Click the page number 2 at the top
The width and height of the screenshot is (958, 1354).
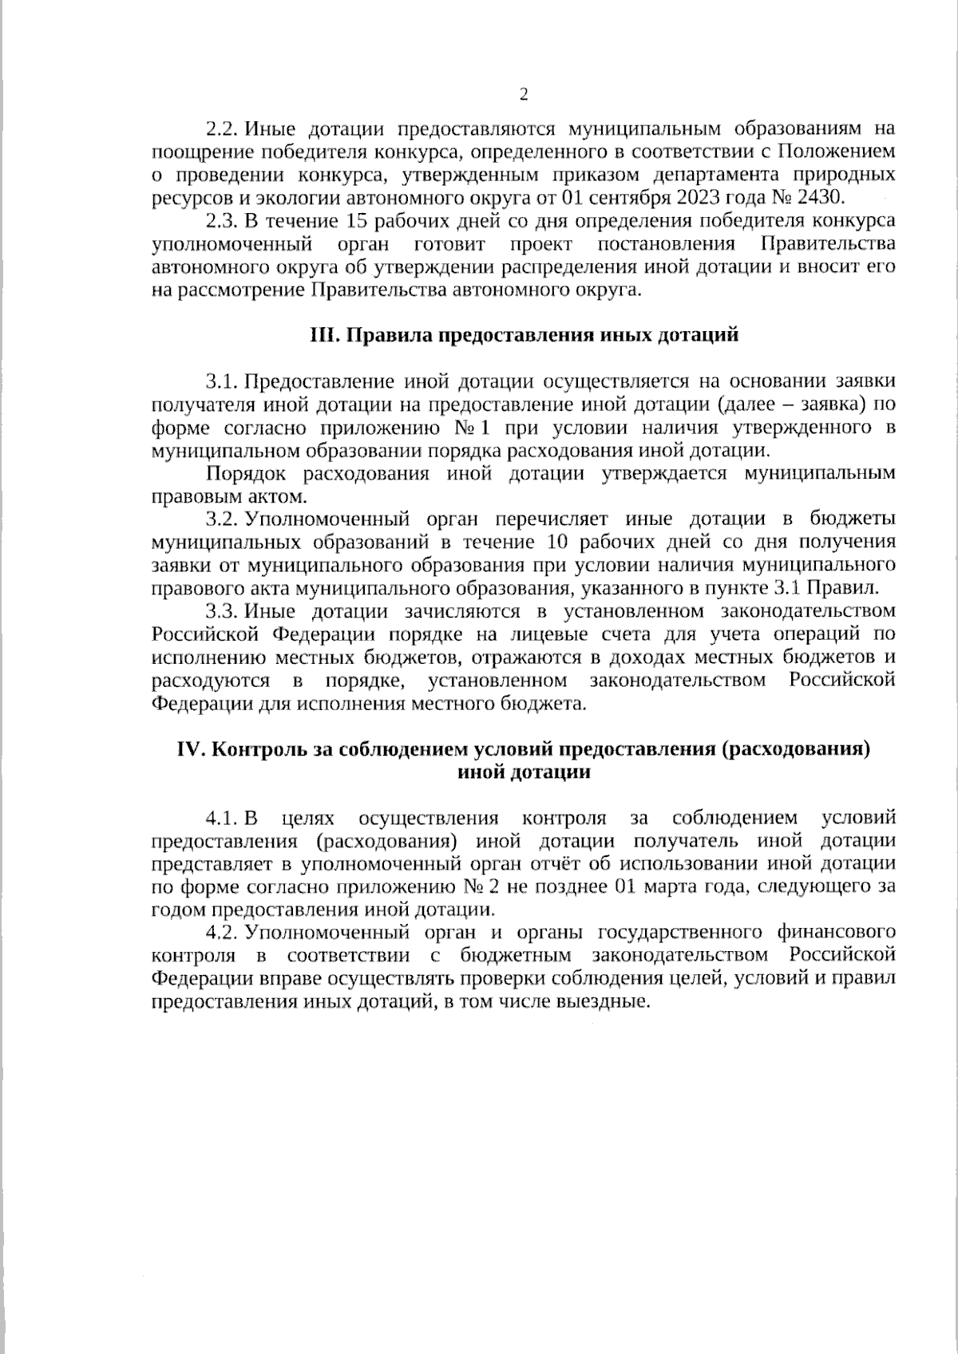point(524,96)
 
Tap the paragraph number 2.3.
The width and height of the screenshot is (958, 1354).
point(220,220)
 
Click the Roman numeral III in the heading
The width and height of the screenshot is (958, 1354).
point(323,335)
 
